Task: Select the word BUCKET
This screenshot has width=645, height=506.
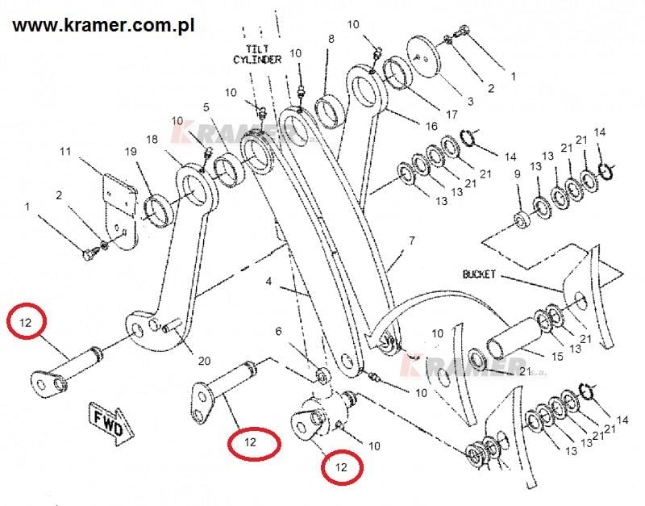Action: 481,274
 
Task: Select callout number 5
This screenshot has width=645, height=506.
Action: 206,107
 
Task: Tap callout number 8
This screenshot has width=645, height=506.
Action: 329,39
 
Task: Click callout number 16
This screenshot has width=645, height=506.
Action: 432,126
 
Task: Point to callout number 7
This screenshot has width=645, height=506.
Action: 411,240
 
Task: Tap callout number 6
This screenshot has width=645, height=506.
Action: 279,331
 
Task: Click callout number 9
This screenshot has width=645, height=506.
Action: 517,174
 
